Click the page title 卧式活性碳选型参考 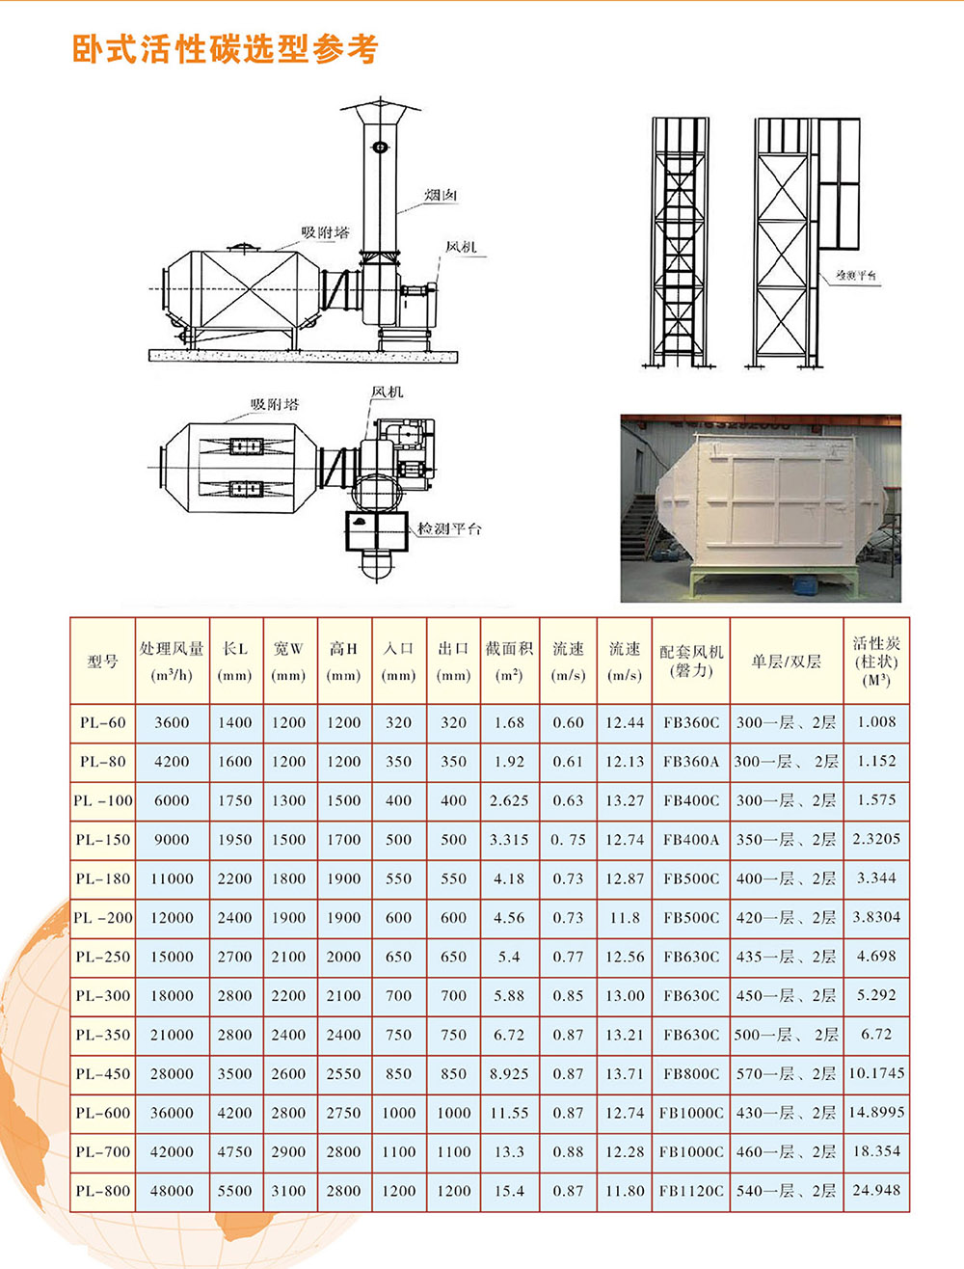pyautogui.click(x=226, y=49)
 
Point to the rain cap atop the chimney pyautogui.click(x=381, y=108)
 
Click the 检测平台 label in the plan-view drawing pyautogui.click(x=449, y=528)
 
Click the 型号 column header pyautogui.click(x=102, y=661)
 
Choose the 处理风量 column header pyautogui.click(x=172, y=661)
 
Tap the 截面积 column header pyautogui.click(x=509, y=661)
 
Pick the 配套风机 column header pyautogui.click(x=691, y=661)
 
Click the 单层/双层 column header pyautogui.click(x=786, y=661)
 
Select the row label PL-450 pyautogui.click(x=102, y=1074)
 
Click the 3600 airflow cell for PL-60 pyautogui.click(x=172, y=722)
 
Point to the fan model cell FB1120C pyautogui.click(x=691, y=1191)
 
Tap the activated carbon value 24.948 pyautogui.click(x=876, y=1190)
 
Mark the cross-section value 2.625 pyautogui.click(x=509, y=800)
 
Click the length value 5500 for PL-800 pyautogui.click(x=234, y=1191)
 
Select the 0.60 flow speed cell pyautogui.click(x=568, y=722)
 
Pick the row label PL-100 pyautogui.click(x=102, y=800)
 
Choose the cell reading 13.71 pyautogui.click(x=625, y=1074)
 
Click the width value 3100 pyautogui.click(x=288, y=1191)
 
